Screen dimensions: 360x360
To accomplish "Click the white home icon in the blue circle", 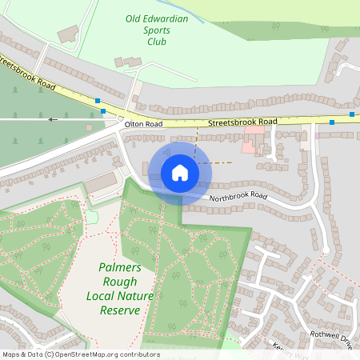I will point(179,172).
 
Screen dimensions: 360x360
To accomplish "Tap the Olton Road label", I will point(143,125).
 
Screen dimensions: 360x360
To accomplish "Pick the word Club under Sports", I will point(156,42).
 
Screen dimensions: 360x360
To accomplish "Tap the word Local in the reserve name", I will point(102,295).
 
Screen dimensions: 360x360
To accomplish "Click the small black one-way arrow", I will point(53,119).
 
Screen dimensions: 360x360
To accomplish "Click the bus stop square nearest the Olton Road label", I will point(103,110).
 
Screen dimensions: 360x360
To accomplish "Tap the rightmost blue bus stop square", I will point(352,114).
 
